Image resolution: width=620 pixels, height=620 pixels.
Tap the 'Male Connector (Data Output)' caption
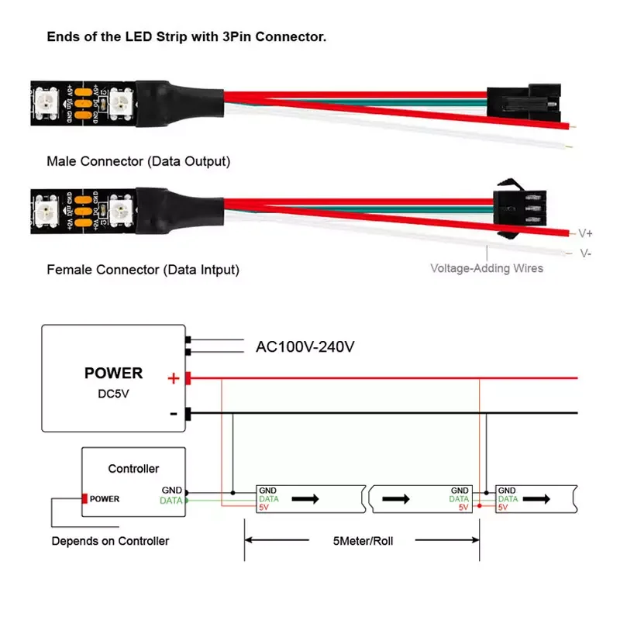click(139, 161)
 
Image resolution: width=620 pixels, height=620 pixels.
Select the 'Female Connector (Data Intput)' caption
click(143, 270)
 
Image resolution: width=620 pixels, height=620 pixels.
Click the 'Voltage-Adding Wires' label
click(487, 268)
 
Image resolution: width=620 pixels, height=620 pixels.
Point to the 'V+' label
click(585, 232)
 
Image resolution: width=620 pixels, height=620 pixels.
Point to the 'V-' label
click(585, 253)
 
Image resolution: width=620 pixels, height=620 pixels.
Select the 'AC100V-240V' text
click(305, 347)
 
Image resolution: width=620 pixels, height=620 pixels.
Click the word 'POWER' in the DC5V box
click(113, 373)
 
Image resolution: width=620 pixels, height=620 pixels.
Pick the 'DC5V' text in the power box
click(113, 393)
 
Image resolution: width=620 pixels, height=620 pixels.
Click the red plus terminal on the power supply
click(188, 378)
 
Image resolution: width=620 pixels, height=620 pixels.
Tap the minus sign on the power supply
click(174, 415)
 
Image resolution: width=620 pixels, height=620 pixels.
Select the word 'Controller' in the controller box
click(133, 468)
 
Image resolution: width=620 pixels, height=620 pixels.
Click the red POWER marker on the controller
click(84, 498)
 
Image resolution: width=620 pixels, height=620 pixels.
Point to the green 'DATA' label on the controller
click(170, 501)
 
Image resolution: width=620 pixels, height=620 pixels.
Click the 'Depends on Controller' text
click(110, 540)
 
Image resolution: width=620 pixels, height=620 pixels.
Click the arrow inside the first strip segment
click(305, 499)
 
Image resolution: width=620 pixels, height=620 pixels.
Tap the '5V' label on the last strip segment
click(504, 508)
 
